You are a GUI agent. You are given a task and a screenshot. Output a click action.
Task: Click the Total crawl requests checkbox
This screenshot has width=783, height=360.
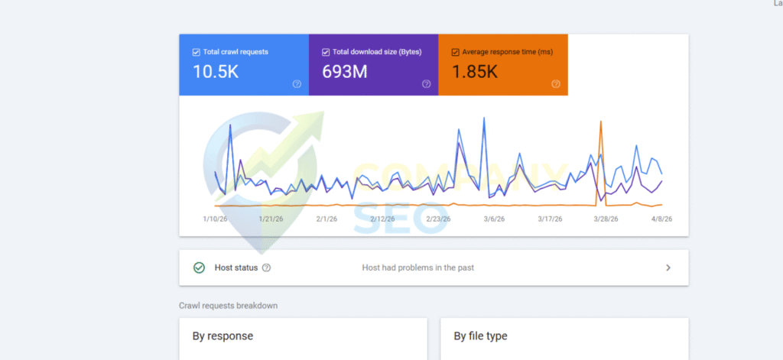tap(196, 52)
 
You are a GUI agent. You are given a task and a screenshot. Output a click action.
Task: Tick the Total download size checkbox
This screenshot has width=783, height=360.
tap(326, 52)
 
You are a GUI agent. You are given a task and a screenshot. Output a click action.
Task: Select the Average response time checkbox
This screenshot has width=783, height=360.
tap(456, 52)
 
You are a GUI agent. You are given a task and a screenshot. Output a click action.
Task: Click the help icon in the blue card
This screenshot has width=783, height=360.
tap(297, 84)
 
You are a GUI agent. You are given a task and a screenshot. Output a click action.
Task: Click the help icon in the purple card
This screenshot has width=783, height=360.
tap(427, 84)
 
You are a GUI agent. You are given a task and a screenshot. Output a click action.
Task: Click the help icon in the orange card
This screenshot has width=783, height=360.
tap(556, 84)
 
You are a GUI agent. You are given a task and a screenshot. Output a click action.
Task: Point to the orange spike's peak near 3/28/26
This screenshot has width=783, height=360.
tap(601, 122)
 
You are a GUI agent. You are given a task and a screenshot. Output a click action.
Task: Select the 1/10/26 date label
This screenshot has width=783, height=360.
tap(215, 219)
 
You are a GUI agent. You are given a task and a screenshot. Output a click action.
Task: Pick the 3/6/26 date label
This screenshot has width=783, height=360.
tap(494, 219)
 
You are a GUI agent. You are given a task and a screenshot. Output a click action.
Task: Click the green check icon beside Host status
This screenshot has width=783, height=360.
tap(199, 268)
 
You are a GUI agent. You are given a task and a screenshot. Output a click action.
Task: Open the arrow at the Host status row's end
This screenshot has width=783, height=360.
tap(668, 268)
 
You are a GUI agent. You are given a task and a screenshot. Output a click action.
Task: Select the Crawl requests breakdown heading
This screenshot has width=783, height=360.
tap(228, 306)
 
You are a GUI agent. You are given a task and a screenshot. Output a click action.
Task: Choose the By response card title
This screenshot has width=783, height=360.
tap(222, 336)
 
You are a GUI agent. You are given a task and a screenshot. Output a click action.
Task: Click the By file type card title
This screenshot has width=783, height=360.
tap(480, 336)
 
